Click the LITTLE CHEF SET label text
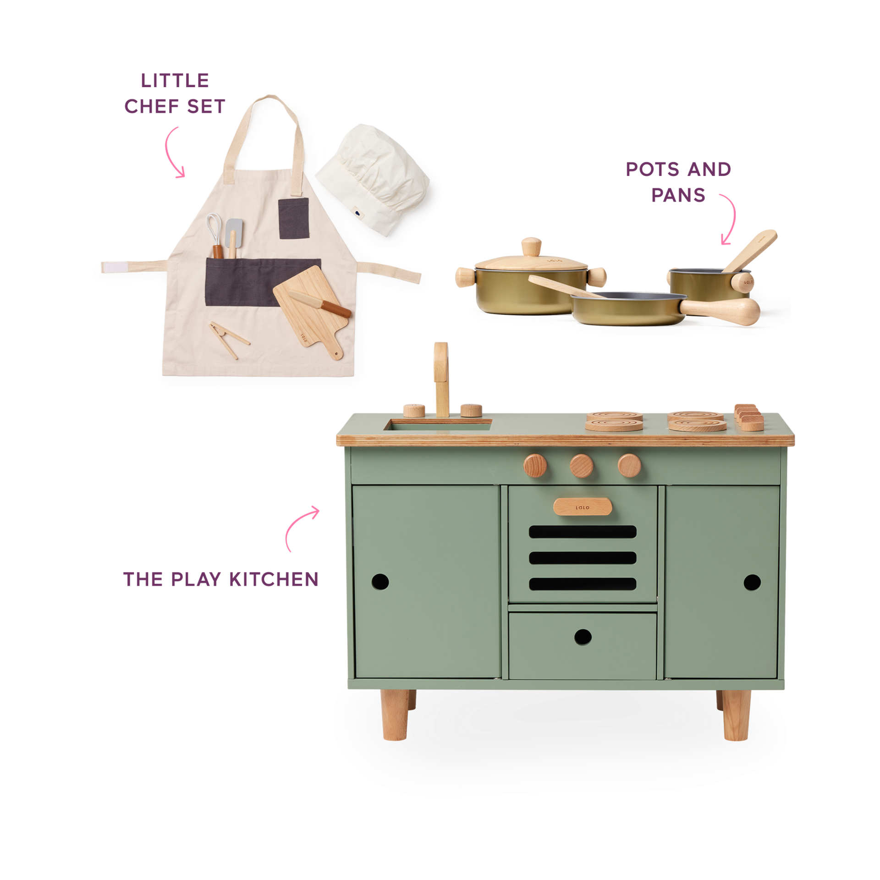(175, 93)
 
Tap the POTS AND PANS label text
(678, 182)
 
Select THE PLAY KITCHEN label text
(221, 579)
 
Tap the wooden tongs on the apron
(229, 339)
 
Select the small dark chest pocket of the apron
(294, 216)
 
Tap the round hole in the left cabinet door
(381, 582)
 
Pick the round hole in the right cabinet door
(752, 582)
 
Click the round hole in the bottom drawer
(583, 637)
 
